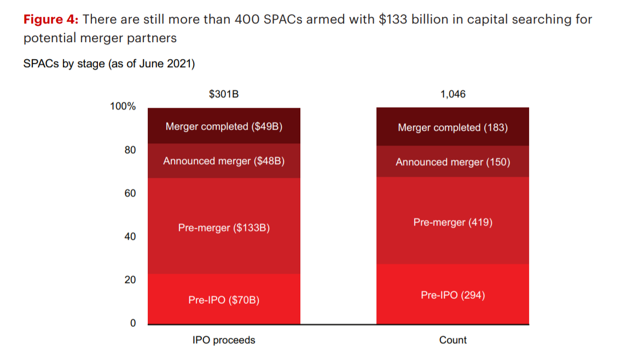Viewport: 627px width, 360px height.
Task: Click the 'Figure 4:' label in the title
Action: point(51,20)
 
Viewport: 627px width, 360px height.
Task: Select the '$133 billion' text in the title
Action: point(408,20)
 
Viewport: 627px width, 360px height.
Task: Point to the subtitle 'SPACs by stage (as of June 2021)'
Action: point(109,64)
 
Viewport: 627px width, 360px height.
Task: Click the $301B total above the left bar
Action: point(224,94)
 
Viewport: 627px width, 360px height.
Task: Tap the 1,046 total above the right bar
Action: point(452,94)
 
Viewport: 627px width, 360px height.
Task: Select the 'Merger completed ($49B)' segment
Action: point(224,126)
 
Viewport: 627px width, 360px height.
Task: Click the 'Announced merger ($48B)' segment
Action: point(224,161)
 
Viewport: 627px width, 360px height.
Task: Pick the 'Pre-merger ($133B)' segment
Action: point(224,227)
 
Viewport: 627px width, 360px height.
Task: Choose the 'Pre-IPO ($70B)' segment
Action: point(224,299)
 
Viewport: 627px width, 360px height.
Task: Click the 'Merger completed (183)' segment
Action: point(452,127)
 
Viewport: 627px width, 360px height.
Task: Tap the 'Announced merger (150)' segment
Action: point(452,162)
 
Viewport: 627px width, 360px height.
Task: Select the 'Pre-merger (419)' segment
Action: point(452,222)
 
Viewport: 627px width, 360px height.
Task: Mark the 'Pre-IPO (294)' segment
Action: point(452,295)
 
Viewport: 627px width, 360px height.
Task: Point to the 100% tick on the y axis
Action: point(123,106)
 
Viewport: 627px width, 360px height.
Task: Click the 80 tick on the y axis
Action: point(130,150)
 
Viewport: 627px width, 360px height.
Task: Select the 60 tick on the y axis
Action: point(130,193)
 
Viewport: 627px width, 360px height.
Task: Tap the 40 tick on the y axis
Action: point(130,236)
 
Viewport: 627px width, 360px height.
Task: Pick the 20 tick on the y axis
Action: point(130,280)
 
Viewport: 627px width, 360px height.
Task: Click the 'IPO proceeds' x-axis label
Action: point(224,340)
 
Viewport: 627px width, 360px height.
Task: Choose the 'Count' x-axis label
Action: point(452,340)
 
